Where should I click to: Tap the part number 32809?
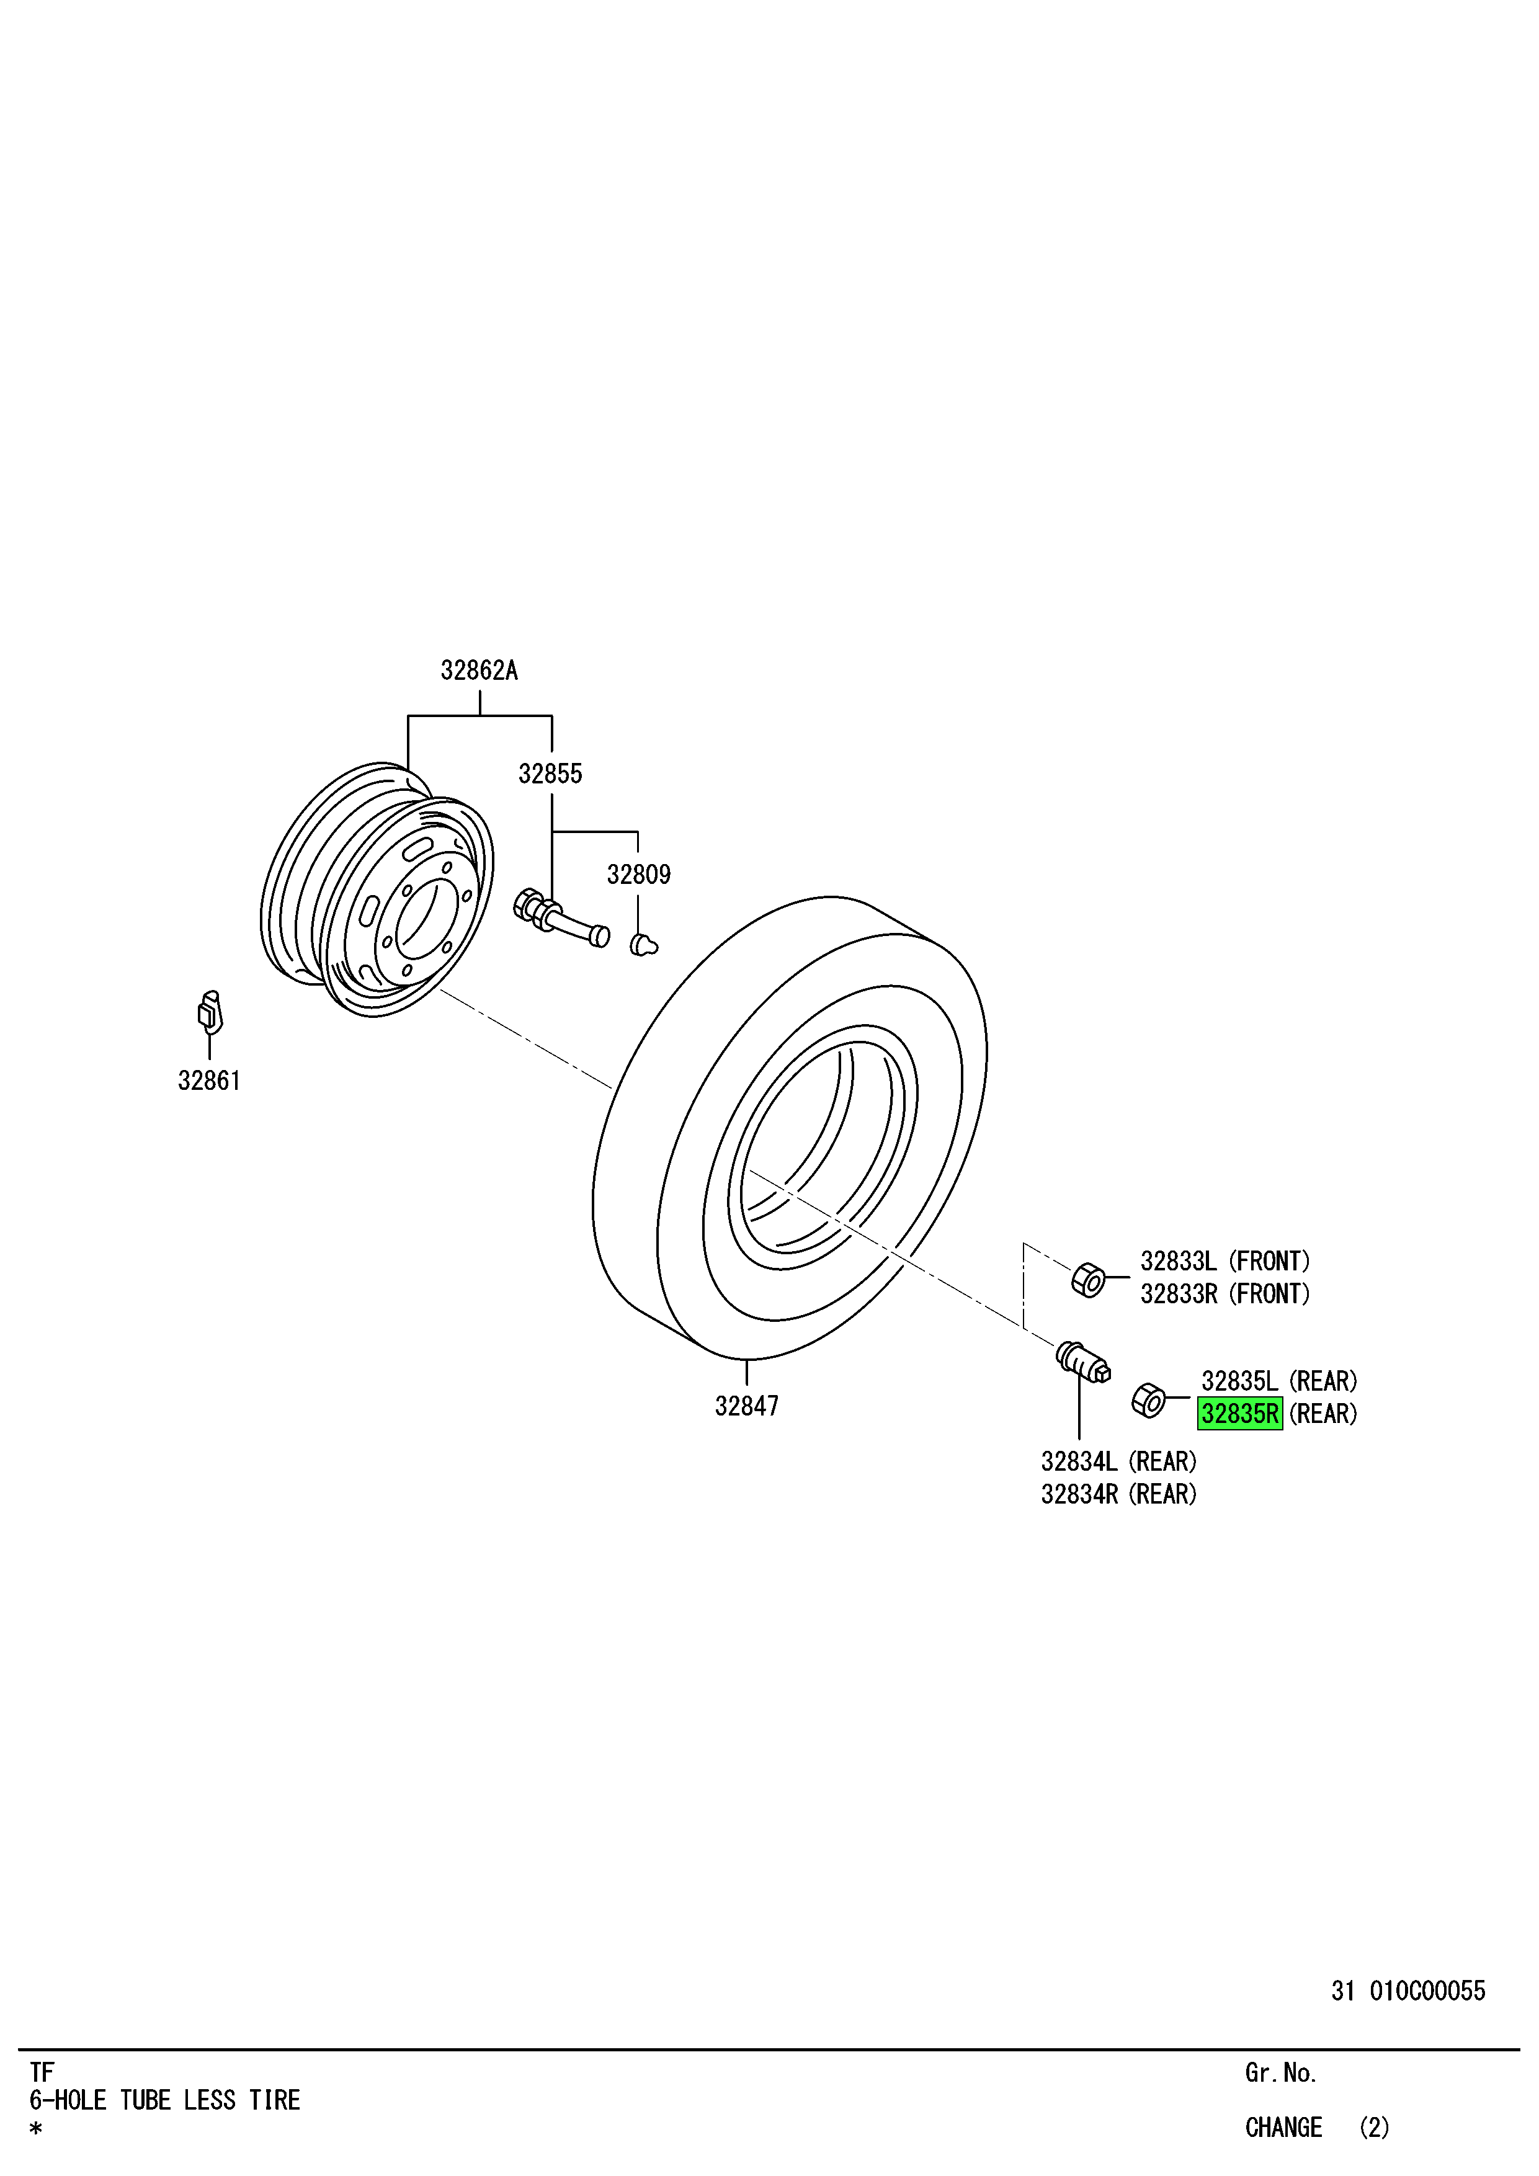coord(639,875)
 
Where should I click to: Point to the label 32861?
coord(210,1081)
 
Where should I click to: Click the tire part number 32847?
coord(747,1406)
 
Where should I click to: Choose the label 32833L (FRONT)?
coord(1225,1262)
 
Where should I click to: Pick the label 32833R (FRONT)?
coord(1225,1294)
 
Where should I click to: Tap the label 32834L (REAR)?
coord(1119,1461)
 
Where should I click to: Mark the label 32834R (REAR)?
coord(1119,1494)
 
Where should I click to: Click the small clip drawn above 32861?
coord(210,1012)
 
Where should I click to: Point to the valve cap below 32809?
coord(643,945)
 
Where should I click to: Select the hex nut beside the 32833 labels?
coord(1088,1280)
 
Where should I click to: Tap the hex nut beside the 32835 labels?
coord(1149,1400)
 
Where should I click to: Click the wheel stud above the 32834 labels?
coord(1083,1363)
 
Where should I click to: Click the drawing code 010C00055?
coord(1427,1991)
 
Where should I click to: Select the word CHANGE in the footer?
coord(1283,2128)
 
